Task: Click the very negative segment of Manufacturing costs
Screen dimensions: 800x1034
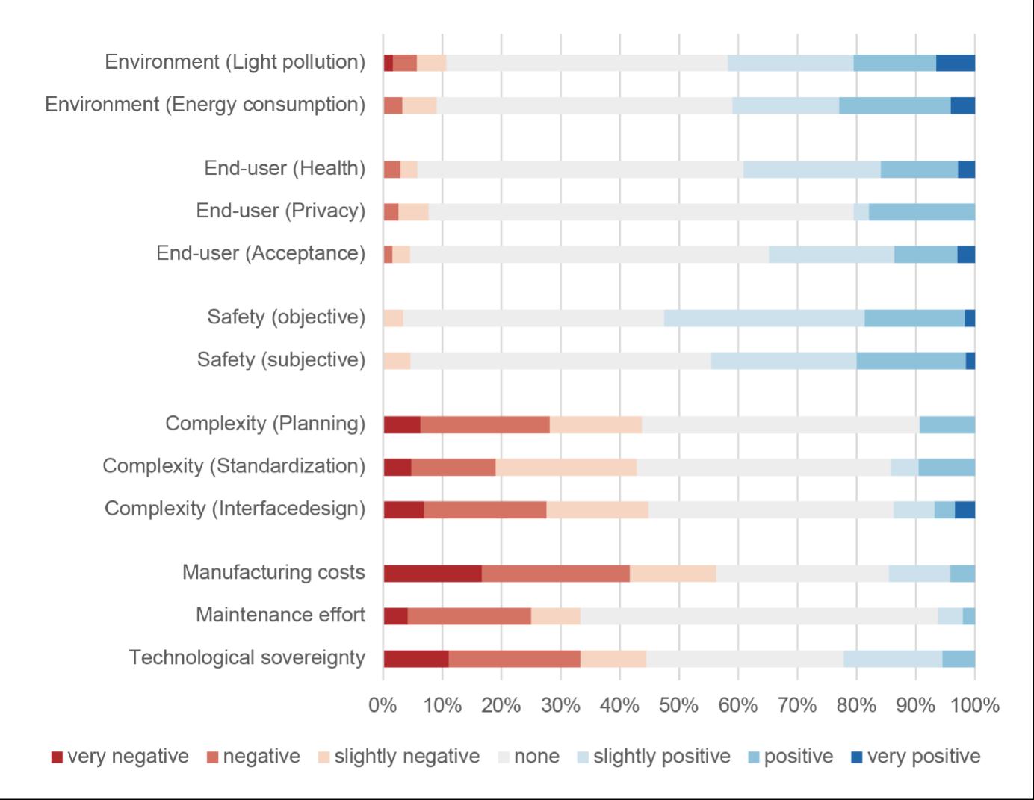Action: (433, 574)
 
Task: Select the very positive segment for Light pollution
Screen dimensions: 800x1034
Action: (956, 63)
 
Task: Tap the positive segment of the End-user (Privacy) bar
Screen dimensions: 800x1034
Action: (922, 212)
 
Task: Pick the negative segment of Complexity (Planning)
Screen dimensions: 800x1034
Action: (485, 424)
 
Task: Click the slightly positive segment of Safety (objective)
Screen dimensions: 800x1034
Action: (764, 318)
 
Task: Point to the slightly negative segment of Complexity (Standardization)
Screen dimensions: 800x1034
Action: (566, 467)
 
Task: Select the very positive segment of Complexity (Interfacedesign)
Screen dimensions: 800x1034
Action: (965, 509)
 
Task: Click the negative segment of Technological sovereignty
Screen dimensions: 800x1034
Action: (515, 659)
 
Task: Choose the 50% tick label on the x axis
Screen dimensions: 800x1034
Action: (678, 705)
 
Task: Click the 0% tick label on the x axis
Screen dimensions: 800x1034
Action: (383, 705)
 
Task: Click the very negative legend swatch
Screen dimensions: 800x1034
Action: (57, 757)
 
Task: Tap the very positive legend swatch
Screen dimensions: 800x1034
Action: (857, 757)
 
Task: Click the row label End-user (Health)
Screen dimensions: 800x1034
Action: (285, 169)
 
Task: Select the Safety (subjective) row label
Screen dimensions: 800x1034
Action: (281, 360)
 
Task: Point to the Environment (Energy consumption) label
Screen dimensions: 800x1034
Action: (205, 105)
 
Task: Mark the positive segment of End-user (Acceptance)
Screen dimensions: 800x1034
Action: (926, 255)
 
